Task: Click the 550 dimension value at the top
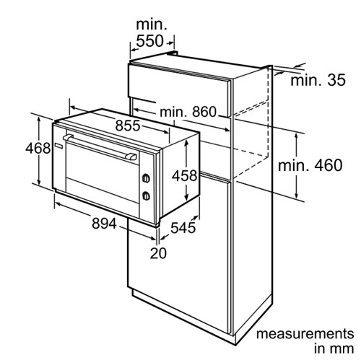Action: click(149, 41)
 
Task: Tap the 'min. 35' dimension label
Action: click(318, 80)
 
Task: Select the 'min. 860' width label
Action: click(188, 112)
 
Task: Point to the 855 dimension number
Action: click(128, 126)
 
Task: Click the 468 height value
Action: click(38, 148)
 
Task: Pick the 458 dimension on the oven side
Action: click(184, 175)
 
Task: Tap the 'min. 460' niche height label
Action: click(310, 165)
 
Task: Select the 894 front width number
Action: click(104, 224)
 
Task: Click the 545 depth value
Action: click(183, 227)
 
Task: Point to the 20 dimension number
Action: click(158, 253)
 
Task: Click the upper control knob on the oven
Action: click(146, 178)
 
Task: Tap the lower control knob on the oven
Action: click(146, 196)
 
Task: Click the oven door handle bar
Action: click(100, 147)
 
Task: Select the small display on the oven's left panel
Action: click(59, 145)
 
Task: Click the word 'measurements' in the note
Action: click(305, 334)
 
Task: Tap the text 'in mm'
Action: click(334, 348)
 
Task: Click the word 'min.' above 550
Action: click(152, 25)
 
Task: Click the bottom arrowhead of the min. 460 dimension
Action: click(297, 196)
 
